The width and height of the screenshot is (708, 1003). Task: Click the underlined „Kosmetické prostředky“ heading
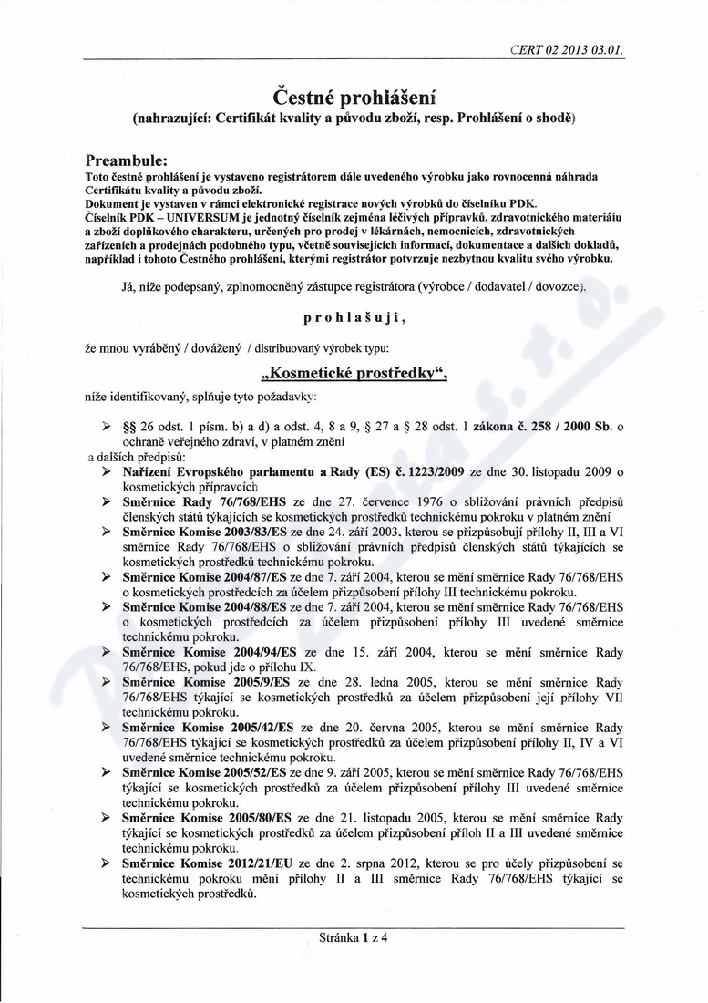354,375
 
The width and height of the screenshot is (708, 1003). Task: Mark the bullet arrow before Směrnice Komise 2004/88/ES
107,607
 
